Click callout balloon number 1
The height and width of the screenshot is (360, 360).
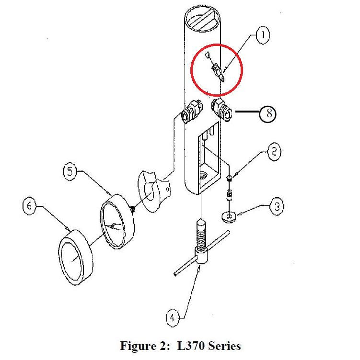(x=263, y=35)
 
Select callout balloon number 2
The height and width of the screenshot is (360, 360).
(x=274, y=152)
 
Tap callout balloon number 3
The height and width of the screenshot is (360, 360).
(x=277, y=206)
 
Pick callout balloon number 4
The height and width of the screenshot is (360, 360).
(x=173, y=318)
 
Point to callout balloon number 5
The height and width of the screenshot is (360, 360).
(x=70, y=171)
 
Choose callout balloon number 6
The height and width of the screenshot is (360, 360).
(x=29, y=206)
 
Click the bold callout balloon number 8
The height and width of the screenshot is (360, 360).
(x=268, y=113)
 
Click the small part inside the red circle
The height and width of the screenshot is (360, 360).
(x=217, y=70)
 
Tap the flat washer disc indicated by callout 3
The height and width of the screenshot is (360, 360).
(x=229, y=217)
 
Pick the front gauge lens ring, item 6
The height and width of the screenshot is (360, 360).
(x=76, y=257)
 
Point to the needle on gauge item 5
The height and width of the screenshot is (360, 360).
(x=113, y=227)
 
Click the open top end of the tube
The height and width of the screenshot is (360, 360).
(x=202, y=18)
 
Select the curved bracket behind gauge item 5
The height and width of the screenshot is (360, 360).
(x=153, y=191)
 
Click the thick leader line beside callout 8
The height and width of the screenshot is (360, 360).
(x=247, y=112)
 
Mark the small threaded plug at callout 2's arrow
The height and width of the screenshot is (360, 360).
(x=229, y=179)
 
